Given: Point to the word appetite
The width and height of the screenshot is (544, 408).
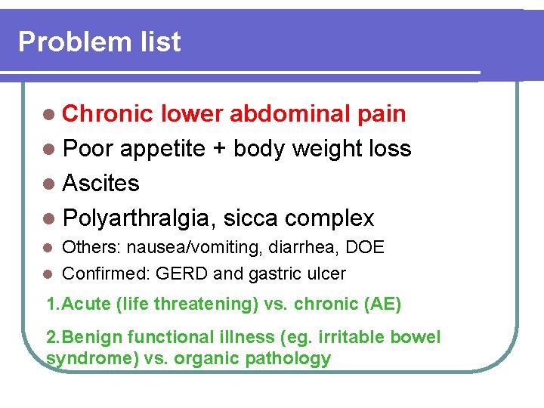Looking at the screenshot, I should point(162,149).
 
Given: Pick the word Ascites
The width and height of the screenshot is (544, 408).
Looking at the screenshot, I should point(101,184).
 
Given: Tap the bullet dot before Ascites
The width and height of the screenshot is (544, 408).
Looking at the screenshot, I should point(50,184).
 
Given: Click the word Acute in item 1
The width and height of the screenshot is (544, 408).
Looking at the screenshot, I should point(87,304).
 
